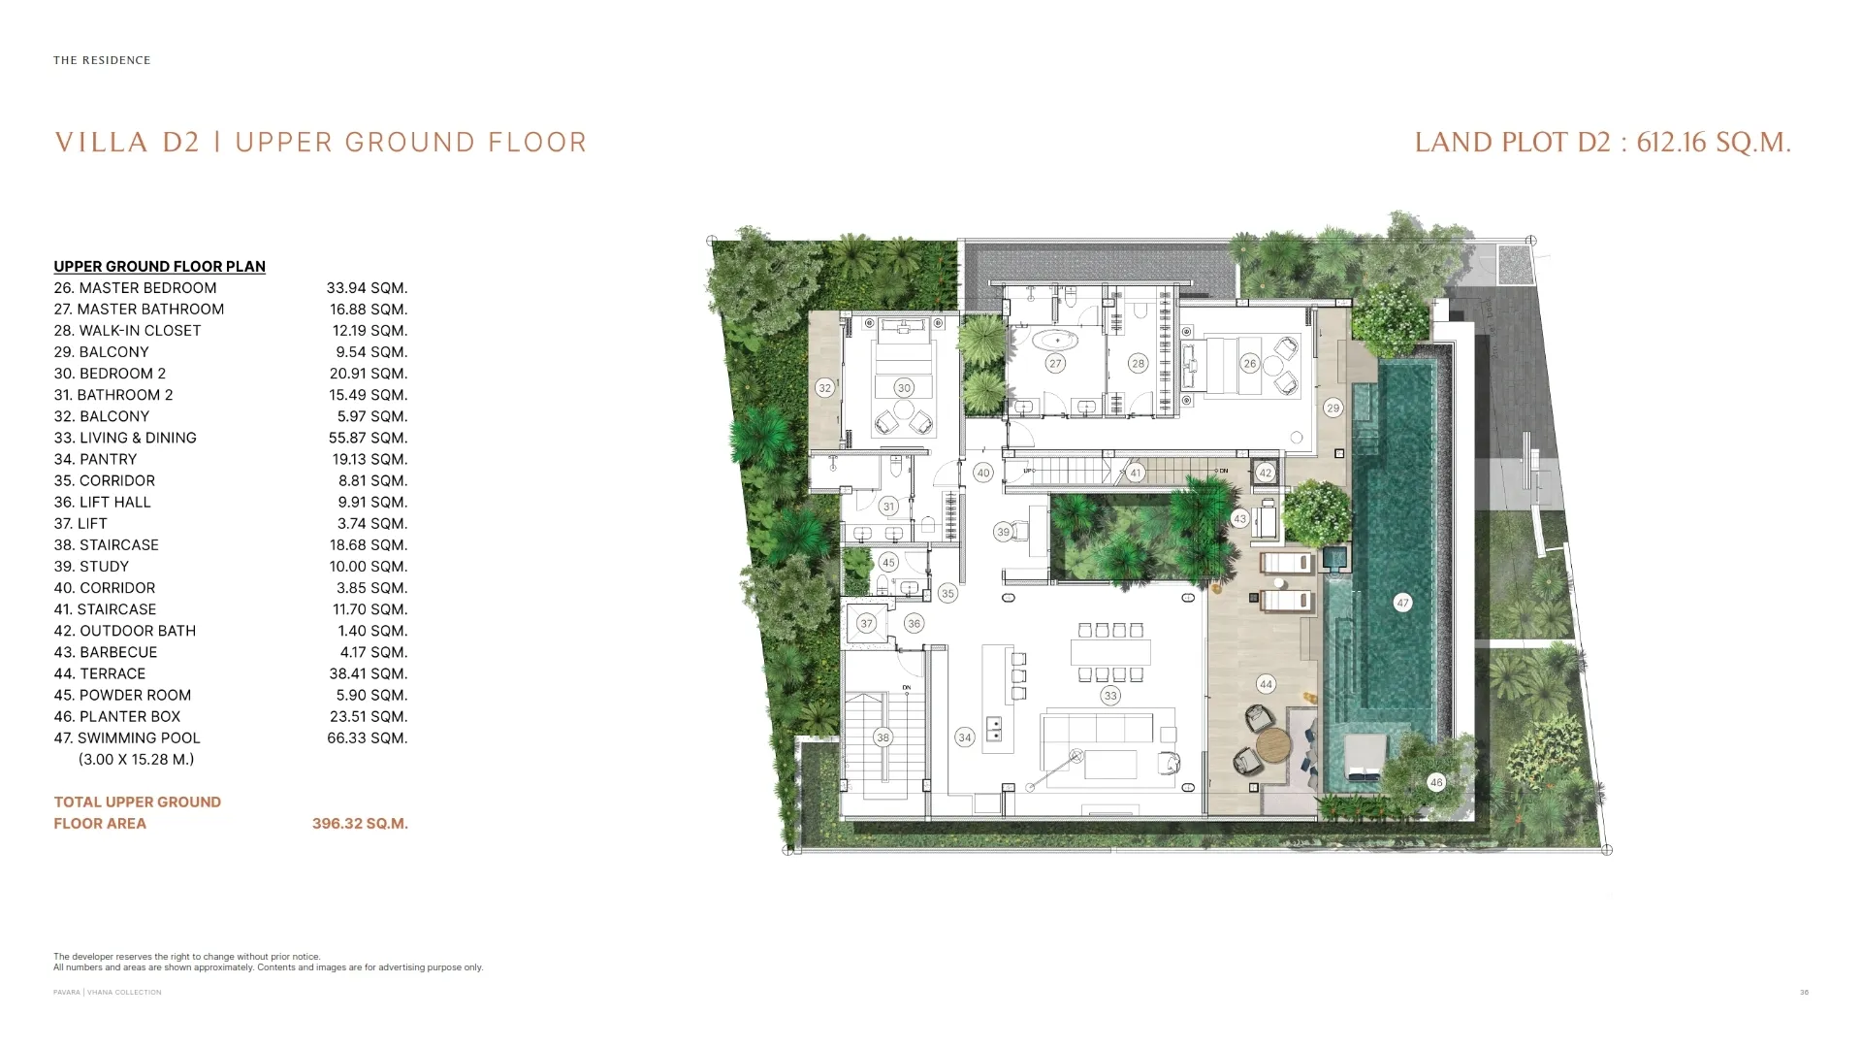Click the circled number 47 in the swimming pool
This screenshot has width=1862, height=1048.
1402,603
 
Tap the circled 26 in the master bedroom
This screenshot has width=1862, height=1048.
1249,364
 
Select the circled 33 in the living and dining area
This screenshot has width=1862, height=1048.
1110,696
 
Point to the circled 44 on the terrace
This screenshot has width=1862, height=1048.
1266,684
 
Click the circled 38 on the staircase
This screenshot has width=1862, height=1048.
883,737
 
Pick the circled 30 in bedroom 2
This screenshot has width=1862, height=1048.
904,388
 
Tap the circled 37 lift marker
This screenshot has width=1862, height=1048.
866,624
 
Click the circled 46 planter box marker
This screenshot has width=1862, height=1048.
1436,782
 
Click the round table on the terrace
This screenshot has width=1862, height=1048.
1274,747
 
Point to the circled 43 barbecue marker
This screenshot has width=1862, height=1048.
1239,519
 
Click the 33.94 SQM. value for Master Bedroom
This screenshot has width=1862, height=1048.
367,288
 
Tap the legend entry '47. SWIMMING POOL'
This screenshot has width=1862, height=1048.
127,738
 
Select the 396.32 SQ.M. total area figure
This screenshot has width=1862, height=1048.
360,824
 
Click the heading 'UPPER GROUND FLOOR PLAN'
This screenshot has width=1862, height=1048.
159,267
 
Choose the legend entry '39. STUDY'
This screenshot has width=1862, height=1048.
91,567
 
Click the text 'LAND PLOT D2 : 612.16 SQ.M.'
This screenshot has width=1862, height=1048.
1602,143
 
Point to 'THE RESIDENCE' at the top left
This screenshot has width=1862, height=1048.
102,60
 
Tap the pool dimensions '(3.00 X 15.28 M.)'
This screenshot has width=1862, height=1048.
136,760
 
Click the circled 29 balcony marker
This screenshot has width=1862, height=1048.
1332,409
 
